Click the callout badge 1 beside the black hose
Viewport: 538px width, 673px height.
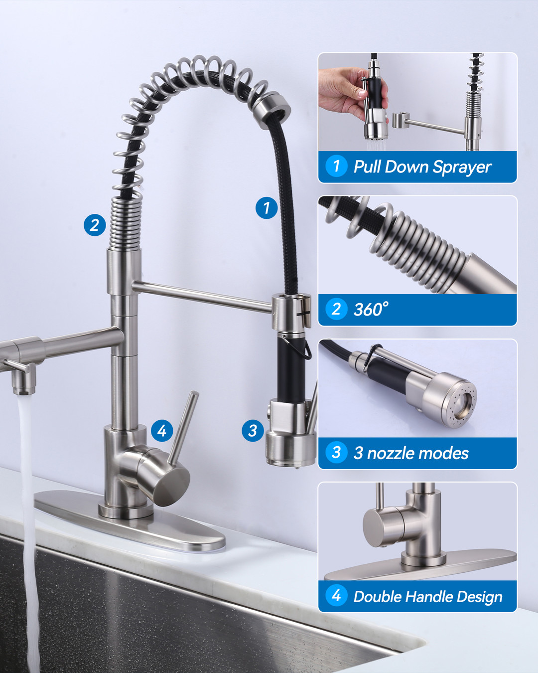267,208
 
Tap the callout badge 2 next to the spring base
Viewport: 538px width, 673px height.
95,225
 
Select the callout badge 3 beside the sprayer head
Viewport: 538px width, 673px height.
253,431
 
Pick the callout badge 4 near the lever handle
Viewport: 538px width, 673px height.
162,431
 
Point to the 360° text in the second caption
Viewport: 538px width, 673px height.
371,309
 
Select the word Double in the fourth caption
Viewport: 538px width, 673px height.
378,596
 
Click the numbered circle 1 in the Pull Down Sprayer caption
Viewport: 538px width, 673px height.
336,166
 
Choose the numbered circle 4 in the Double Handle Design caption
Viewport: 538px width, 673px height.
336,595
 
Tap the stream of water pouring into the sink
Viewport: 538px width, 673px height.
27,531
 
